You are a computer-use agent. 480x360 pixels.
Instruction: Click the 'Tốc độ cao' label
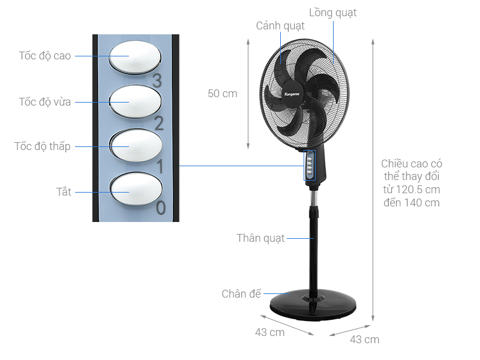pyautogui.click(x=45, y=56)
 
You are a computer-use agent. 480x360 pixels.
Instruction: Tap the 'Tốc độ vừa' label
pyautogui.click(x=45, y=102)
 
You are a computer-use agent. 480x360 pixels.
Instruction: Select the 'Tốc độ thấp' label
pyautogui.click(x=43, y=146)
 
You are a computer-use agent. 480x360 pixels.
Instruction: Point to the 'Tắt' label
pyautogui.click(x=64, y=192)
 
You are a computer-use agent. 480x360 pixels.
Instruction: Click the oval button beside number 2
pyautogui.click(x=136, y=100)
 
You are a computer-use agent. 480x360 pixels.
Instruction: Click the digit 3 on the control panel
pyautogui.click(x=158, y=80)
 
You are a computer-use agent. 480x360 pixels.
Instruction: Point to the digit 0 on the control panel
pyautogui.click(x=161, y=208)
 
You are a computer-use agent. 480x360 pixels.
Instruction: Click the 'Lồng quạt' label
pyautogui.click(x=333, y=13)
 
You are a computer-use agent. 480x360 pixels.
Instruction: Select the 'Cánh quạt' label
pyautogui.click(x=280, y=26)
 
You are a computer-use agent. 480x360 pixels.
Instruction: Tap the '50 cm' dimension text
pyautogui.click(x=223, y=94)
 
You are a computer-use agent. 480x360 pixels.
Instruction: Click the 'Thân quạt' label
pyautogui.click(x=261, y=238)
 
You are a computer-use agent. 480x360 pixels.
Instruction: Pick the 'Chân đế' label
pyautogui.click(x=242, y=294)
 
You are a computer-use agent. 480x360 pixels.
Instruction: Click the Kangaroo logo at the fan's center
pyautogui.click(x=291, y=93)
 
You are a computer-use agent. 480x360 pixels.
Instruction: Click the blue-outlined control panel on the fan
pyautogui.click(x=310, y=165)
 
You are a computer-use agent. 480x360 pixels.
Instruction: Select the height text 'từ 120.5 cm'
pyautogui.click(x=411, y=190)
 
